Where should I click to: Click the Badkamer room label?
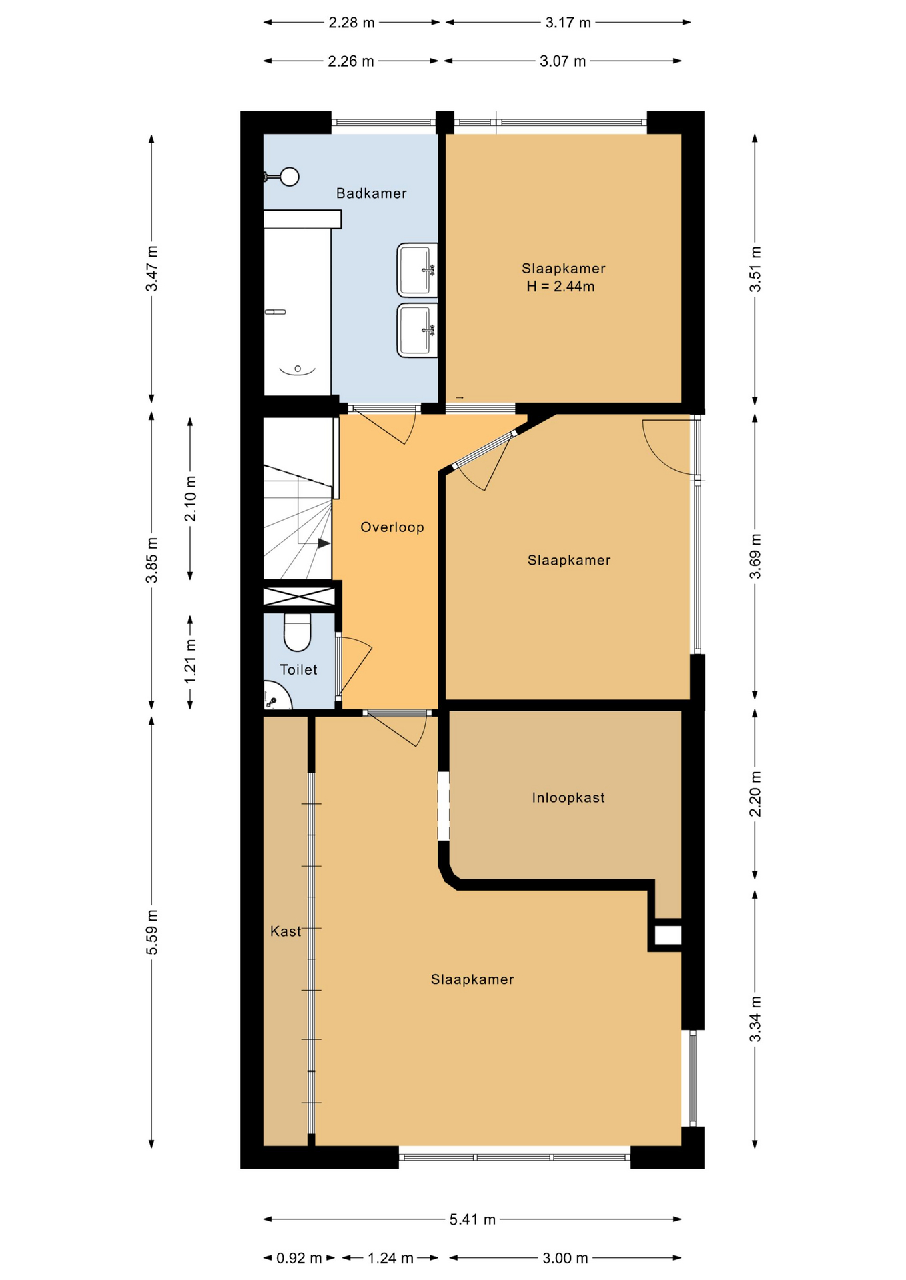tap(371, 193)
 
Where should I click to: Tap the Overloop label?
tap(392, 527)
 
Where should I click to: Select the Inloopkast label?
tap(568, 797)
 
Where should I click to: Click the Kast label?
tap(286, 931)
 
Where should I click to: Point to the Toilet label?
tap(298, 669)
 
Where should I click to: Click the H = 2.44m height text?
tap(560, 287)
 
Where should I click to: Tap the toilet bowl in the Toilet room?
tap(298, 631)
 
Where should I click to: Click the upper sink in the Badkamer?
tap(418, 270)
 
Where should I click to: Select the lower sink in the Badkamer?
tap(418, 330)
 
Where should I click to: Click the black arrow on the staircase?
tap(324, 543)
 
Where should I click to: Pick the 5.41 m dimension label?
tap(472, 1219)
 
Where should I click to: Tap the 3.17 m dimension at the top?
tap(568, 23)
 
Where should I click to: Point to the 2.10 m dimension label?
tap(191, 499)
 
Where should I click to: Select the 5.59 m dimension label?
tap(152, 931)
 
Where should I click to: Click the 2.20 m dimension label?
tap(755, 793)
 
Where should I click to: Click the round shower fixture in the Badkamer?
tap(290, 177)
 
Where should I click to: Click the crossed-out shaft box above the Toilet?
tap(298, 597)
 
